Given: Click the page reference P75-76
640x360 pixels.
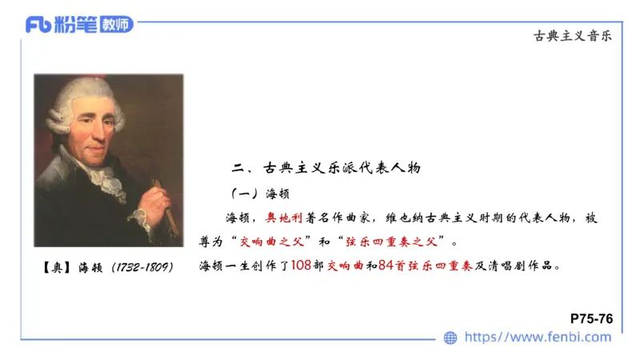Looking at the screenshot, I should [x=592, y=318].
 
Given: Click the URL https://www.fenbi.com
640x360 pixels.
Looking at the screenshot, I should [x=538, y=338].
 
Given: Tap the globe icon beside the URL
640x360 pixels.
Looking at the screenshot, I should [x=450, y=338].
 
